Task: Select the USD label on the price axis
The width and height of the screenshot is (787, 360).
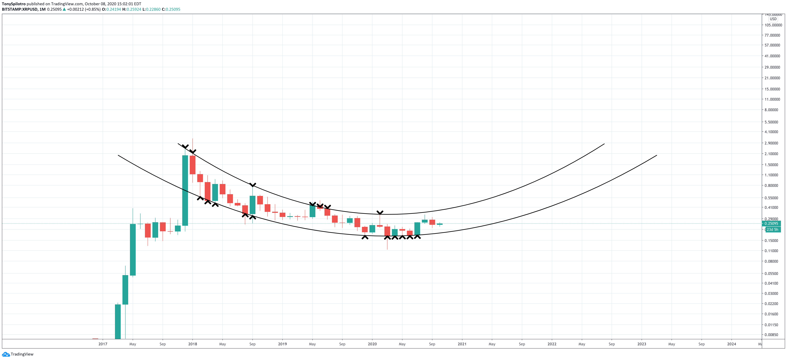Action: coord(773,19)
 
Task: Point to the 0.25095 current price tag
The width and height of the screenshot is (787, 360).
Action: coord(771,223)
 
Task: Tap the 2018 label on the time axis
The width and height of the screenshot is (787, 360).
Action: coord(192,344)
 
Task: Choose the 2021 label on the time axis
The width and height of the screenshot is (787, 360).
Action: coord(462,344)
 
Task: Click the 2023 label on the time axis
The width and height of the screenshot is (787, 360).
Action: coord(642,344)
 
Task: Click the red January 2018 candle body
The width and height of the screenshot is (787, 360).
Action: coord(192,165)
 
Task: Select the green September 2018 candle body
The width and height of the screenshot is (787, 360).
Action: coord(252,205)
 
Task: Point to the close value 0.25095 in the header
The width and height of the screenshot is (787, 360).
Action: coord(173,9)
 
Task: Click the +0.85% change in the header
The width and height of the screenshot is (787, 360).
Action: coord(93,9)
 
